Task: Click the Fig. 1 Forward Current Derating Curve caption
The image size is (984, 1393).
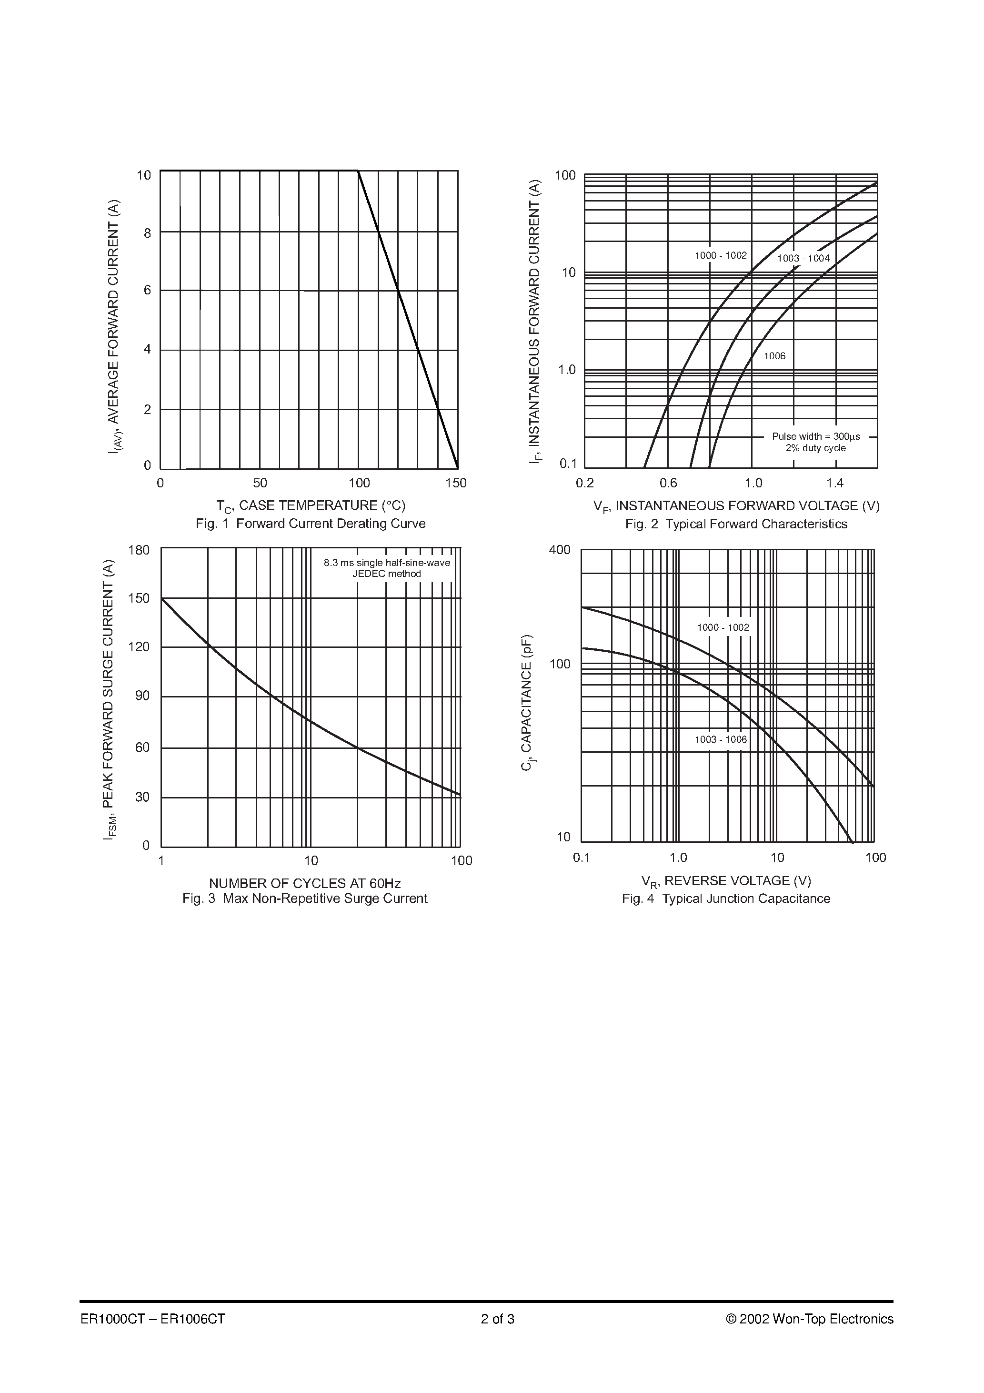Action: [311, 524]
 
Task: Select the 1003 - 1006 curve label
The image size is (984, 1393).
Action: [721, 739]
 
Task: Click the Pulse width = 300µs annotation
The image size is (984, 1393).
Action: [816, 436]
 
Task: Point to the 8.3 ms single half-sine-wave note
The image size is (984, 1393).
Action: [387, 563]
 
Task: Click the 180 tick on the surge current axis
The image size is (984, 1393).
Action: [139, 550]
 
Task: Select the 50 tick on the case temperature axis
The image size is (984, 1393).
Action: [260, 484]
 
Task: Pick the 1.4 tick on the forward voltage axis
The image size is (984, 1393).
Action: [835, 484]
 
